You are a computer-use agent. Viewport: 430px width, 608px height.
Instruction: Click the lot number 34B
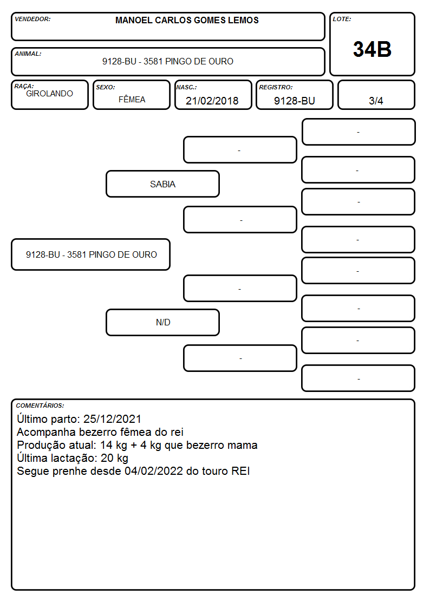pos(372,49)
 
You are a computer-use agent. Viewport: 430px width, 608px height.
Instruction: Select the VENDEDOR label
pos(32,19)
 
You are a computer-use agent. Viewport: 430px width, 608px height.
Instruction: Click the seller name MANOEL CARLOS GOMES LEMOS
pos(187,20)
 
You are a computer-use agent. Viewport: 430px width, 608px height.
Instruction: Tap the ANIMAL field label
pos(28,54)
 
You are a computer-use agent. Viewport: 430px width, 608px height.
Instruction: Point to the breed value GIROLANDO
pos(49,94)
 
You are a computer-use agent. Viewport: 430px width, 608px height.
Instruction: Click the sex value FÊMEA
pos(132,99)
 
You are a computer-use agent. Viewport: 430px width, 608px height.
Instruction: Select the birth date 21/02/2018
pos(212,101)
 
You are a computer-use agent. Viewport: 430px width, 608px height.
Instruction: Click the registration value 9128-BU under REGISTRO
pos(294,101)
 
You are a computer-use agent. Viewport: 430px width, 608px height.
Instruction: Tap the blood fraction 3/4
pos(376,101)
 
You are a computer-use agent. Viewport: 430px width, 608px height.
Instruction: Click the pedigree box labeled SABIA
pos(163,184)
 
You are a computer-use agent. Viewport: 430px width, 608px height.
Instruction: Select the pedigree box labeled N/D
pos(163,322)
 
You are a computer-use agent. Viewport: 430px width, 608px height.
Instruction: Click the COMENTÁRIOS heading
pos(40,406)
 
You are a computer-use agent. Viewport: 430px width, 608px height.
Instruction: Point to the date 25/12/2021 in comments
pos(113,419)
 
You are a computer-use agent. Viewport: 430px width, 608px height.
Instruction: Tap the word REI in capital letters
pos(240,470)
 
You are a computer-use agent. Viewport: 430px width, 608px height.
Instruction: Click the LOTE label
pos(342,19)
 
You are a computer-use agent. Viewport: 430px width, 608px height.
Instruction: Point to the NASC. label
pos(186,87)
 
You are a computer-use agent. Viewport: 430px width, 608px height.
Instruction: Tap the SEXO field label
pos(106,87)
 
